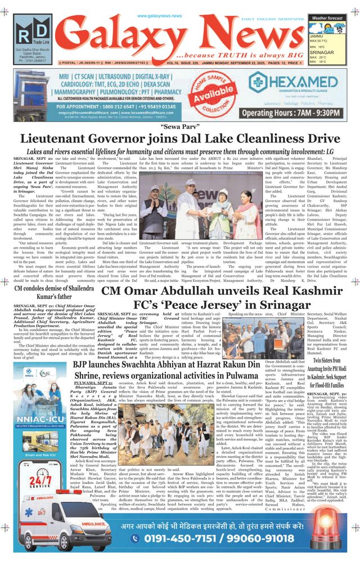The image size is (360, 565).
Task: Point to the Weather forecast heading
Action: tap(327, 18)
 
